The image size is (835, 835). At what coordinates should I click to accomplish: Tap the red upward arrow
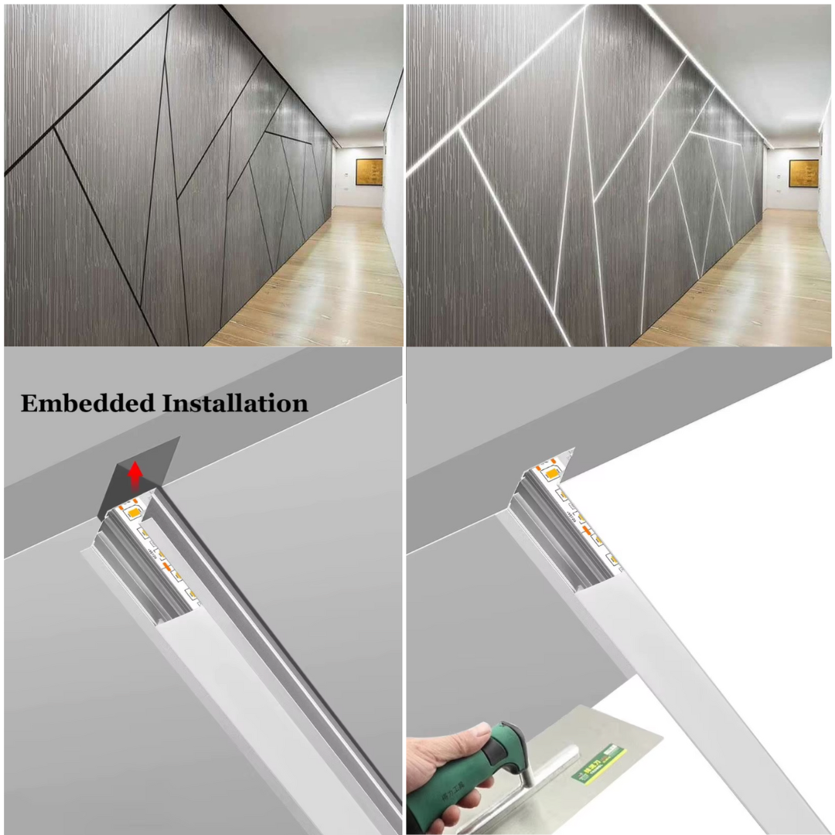point(136,473)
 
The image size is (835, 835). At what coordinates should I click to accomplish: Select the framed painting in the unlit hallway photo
point(369,172)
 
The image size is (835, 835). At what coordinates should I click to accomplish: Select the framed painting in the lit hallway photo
point(803,174)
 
